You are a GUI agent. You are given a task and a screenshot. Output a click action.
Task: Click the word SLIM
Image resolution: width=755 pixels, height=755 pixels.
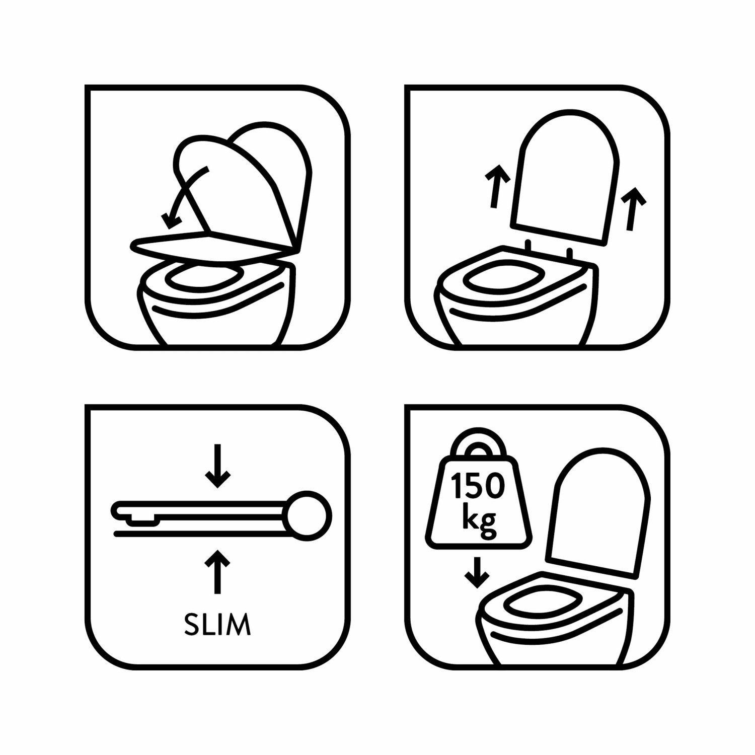tap(217, 624)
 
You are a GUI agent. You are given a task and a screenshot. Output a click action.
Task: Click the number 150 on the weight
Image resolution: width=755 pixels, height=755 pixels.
tap(477, 486)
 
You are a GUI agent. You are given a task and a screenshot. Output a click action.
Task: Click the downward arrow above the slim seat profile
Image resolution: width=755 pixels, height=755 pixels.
tap(217, 466)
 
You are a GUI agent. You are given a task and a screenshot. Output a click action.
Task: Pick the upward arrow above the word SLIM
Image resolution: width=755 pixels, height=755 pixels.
tap(217, 572)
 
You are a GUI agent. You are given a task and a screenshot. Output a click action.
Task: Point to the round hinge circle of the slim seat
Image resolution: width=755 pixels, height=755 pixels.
tap(307, 516)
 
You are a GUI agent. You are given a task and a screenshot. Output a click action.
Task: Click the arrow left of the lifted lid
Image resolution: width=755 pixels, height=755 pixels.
tap(497, 186)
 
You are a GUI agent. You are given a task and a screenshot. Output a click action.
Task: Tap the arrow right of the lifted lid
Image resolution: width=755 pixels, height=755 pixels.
tap(633, 209)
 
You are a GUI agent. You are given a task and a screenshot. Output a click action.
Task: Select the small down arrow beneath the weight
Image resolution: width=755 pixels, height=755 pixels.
tap(477, 573)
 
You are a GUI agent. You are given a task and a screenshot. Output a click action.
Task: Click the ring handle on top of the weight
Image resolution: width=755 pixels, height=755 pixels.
tap(478, 443)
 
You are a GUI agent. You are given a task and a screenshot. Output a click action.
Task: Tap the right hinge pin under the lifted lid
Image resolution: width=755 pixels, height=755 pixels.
tap(570, 253)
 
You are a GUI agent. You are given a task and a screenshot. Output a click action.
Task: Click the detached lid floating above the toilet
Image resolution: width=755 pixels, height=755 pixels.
tap(564, 176)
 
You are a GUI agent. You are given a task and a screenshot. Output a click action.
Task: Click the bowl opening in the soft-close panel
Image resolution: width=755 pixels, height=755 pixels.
tap(204, 277)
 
